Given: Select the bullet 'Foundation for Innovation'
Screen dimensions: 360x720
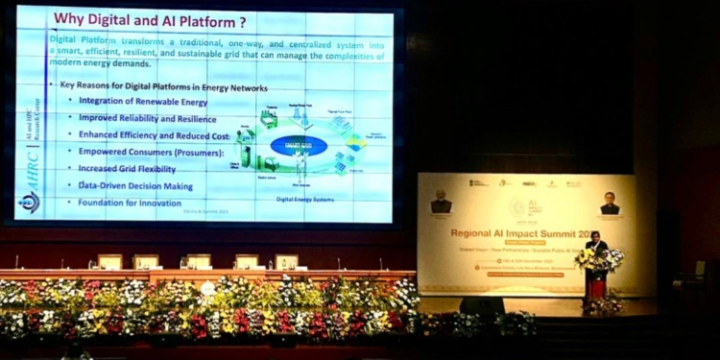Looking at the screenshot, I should click(130, 203).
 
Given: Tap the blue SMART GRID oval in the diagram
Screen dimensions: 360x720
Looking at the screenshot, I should click(298, 145).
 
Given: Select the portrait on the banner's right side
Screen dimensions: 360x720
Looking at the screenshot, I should click(610, 204).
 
